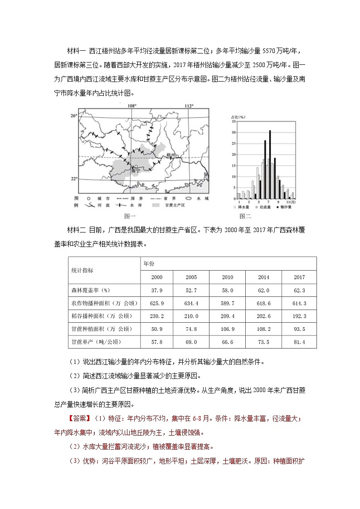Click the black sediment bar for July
point(270,165)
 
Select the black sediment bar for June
point(265,170)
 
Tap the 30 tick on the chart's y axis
point(234,132)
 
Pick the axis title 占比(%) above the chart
point(238,116)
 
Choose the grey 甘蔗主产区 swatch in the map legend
point(157,205)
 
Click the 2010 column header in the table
point(227,277)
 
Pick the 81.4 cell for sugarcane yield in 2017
point(299,341)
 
